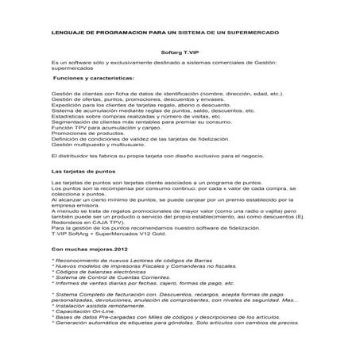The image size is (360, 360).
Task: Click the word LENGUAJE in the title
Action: (67, 33)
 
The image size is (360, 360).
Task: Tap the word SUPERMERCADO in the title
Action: (255, 33)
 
